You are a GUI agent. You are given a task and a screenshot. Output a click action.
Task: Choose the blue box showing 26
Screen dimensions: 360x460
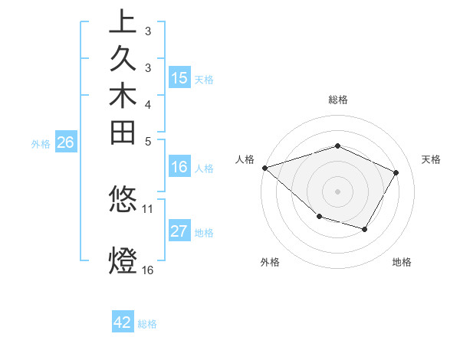pos(66,142)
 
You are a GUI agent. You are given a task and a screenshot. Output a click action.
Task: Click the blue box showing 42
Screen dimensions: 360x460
pos(123,322)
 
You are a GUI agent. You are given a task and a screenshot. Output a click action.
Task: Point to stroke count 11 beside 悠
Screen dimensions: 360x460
pos(148,208)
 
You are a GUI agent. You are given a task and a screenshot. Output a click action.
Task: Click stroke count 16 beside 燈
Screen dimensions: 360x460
pos(148,270)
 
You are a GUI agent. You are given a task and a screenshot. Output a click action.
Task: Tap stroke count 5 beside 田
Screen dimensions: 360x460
pos(148,141)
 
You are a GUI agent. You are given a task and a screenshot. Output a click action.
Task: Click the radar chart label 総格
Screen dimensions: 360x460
pos(338,100)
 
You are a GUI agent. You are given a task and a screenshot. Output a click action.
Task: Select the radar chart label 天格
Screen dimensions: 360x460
pos(432,159)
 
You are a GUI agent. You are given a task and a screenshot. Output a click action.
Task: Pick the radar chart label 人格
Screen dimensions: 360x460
pos(245,159)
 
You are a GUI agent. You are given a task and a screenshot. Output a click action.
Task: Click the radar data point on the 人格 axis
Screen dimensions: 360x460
pos(264,167)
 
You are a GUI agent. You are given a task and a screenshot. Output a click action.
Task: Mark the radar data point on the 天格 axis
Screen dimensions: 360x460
pos(396,172)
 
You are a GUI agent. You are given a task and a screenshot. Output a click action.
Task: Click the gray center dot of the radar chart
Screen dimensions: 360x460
pos(338,191)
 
